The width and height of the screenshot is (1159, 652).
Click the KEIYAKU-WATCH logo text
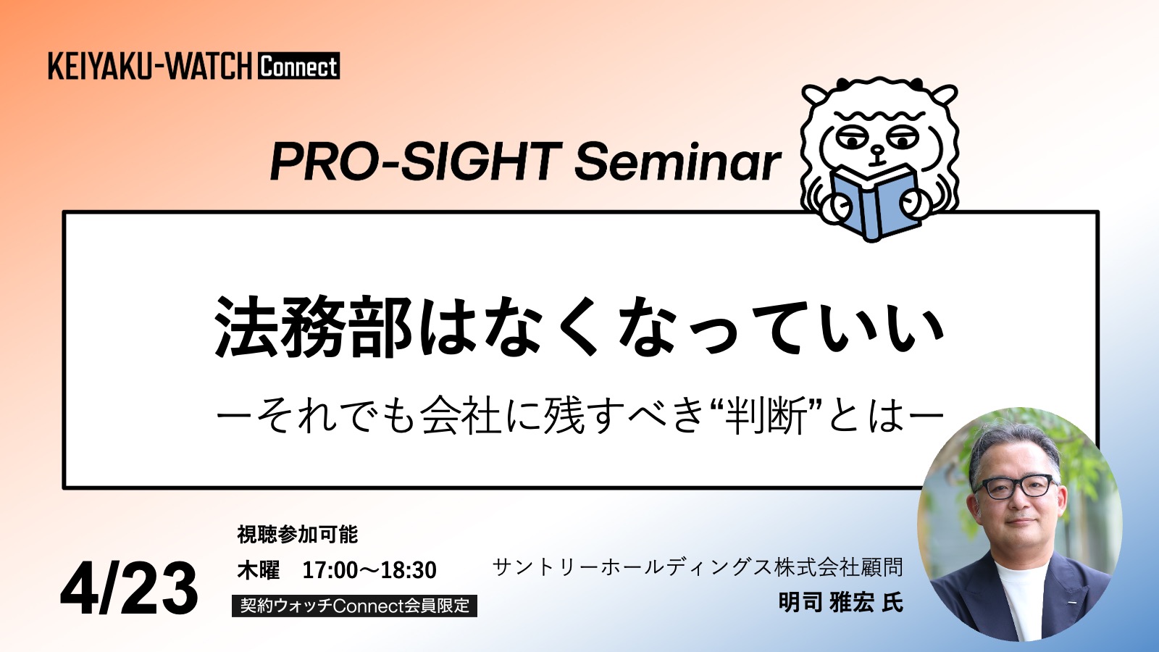pyautogui.click(x=150, y=66)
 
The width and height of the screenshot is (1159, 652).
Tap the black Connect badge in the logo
pyautogui.click(x=298, y=66)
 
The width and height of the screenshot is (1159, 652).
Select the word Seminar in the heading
pyautogui.click(x=678, y=162)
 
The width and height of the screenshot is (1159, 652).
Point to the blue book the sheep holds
pyautogui.click(x=874, y=203)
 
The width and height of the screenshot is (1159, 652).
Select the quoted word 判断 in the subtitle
pyautogui.click(x=766, y=417)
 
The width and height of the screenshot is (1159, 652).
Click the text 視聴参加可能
pyautogui.click(x=298, y=535)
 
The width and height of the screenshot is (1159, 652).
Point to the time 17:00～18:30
pyautogui.click(x=369, y=570)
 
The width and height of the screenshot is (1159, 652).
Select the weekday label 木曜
pyautogui.click(x=258, y=570)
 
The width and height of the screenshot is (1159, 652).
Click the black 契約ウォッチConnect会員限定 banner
pyautogui.click(x=354, y=606)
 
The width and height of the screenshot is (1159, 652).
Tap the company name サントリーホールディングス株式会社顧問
pyautogui.click(x=698, y=567)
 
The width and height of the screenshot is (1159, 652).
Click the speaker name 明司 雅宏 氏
pyautogui.click(x=841, y=602)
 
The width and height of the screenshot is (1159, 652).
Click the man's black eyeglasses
pyautogui.click(x=1015, y=486)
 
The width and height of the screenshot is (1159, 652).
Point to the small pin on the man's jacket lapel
pyautogui.click(x=1071, y=602)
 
